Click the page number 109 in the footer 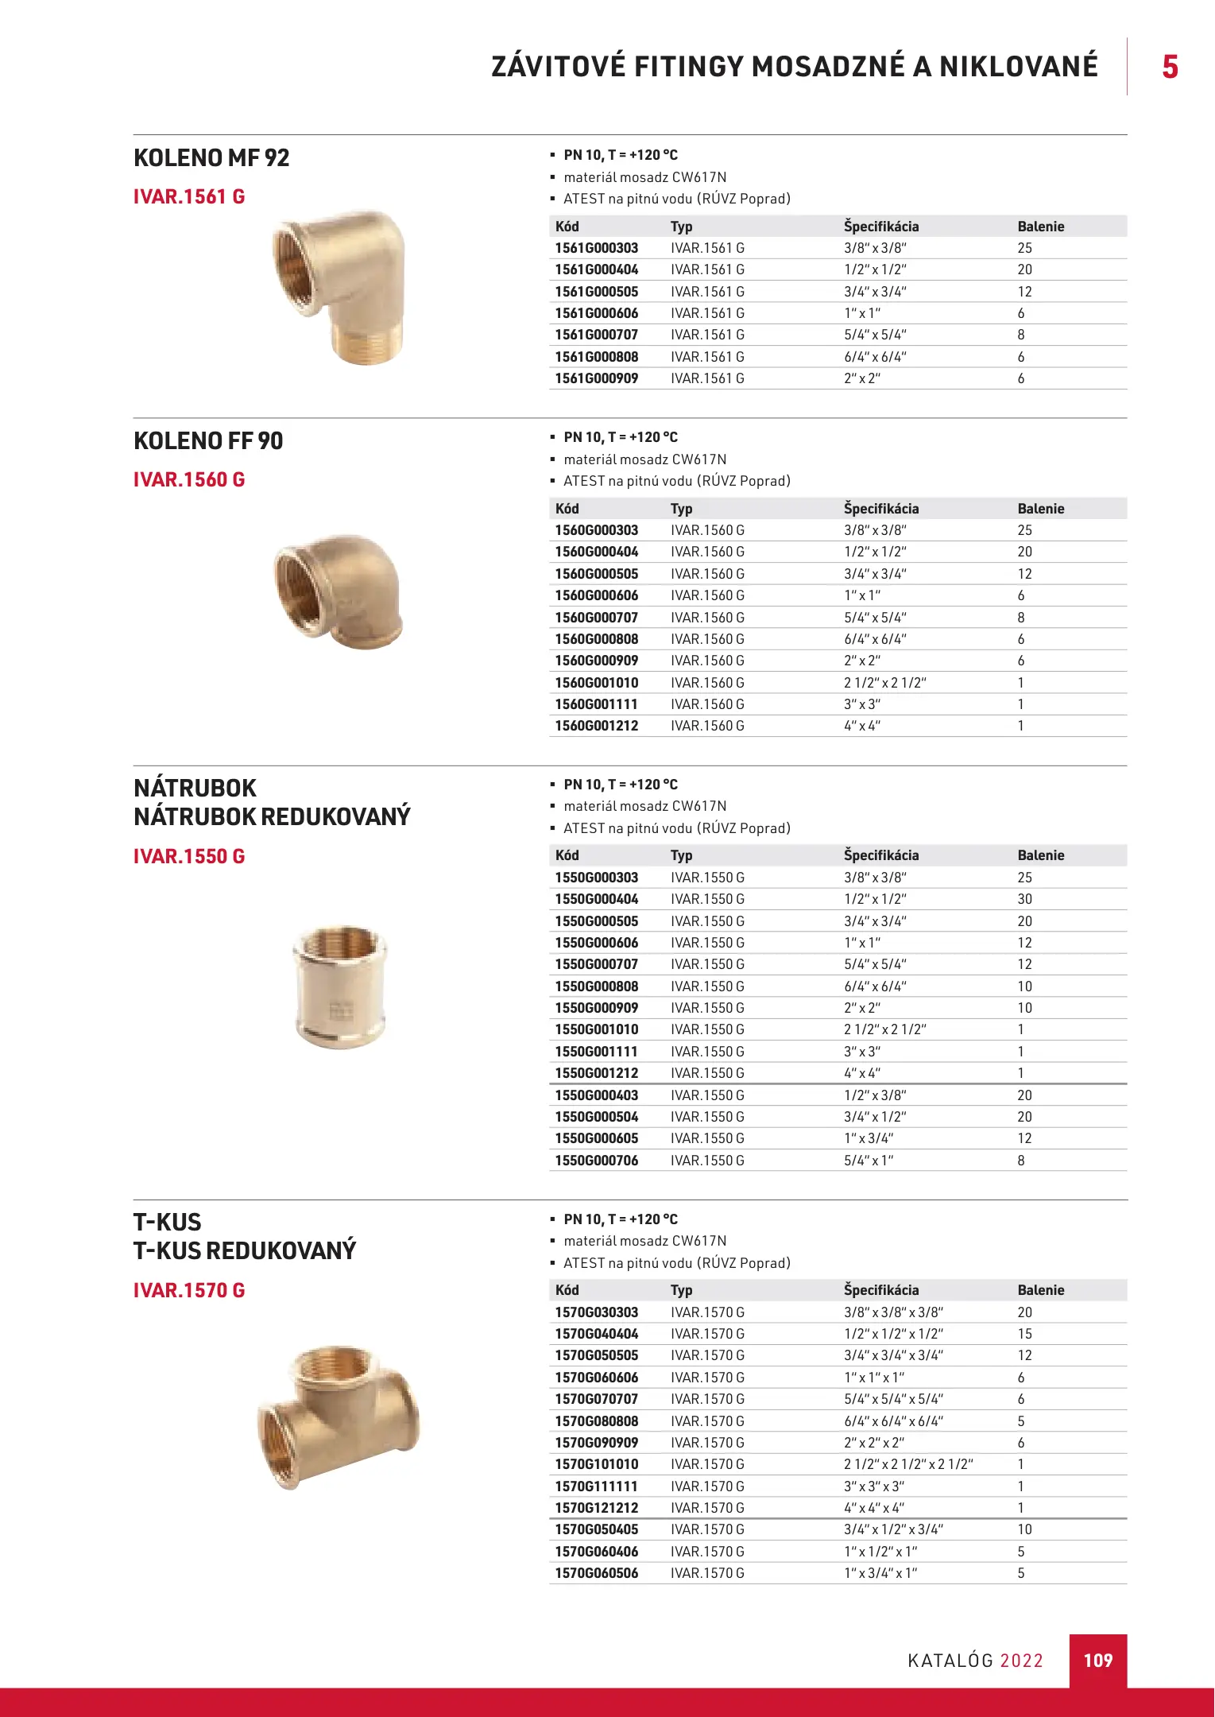coord(1097,1660)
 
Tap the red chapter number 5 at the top coord(1170,67)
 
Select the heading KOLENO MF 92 coord(211,157)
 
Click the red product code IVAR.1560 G coord(189,479)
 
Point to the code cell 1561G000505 coord(596,292)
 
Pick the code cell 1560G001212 coord(596,726)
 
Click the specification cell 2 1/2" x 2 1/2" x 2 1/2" coord(908,1464)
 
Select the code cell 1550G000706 coord(596,1161)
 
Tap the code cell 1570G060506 coord(596,1573)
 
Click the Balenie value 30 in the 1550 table coord(1025,899)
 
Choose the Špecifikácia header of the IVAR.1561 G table coord(881,227)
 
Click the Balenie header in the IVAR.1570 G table coord(1041,1290)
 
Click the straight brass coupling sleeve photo coord(340,986)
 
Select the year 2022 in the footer coord(1021,1661)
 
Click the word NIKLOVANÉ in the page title coord(1019,67)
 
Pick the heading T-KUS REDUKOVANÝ coord(245,1250)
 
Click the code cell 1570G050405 coord(596,1529)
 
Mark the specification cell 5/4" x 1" coord(869,1161)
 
